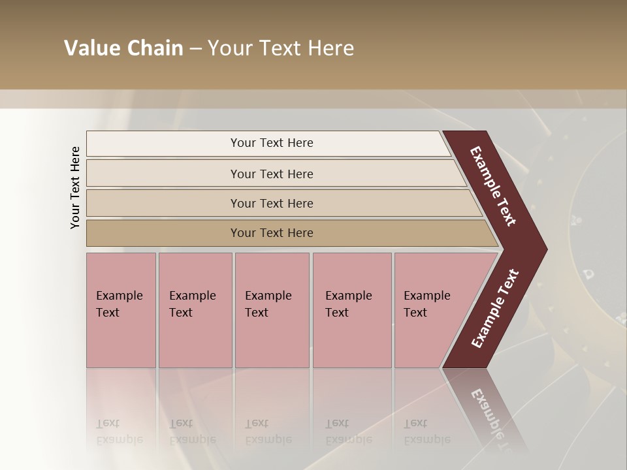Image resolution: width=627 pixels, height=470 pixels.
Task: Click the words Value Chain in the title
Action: (123, 48)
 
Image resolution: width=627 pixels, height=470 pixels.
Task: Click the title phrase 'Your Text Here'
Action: (281, 48)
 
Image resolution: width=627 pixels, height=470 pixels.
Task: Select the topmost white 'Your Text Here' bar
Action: (272, 143)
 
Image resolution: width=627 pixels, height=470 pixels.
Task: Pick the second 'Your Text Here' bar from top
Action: (272, 174)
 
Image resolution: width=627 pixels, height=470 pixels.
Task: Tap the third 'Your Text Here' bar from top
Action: (272, 203)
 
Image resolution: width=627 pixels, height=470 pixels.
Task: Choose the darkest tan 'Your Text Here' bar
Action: (272, 233)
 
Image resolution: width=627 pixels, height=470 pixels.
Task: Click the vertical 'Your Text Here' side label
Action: (75, 187)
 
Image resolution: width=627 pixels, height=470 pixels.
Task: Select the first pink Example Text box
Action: (121, 309)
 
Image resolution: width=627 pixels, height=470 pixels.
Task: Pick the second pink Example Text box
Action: (195, 309)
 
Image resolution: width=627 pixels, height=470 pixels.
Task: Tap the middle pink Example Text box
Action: (272, 309)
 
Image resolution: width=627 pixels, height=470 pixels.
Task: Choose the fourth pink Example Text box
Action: (351, 309)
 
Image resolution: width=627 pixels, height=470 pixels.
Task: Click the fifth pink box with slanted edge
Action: (431, 309)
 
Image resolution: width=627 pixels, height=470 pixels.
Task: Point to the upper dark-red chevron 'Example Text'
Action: (493, 185)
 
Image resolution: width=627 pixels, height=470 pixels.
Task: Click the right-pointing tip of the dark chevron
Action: (543, 249)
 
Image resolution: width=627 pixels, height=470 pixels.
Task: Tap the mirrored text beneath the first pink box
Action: (119, 431)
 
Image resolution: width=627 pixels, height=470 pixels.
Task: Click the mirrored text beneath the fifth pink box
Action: (426, 431)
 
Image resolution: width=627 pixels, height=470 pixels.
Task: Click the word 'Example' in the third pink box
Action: (268, 296)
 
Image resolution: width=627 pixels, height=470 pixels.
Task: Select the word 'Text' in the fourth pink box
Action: (337, 313)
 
